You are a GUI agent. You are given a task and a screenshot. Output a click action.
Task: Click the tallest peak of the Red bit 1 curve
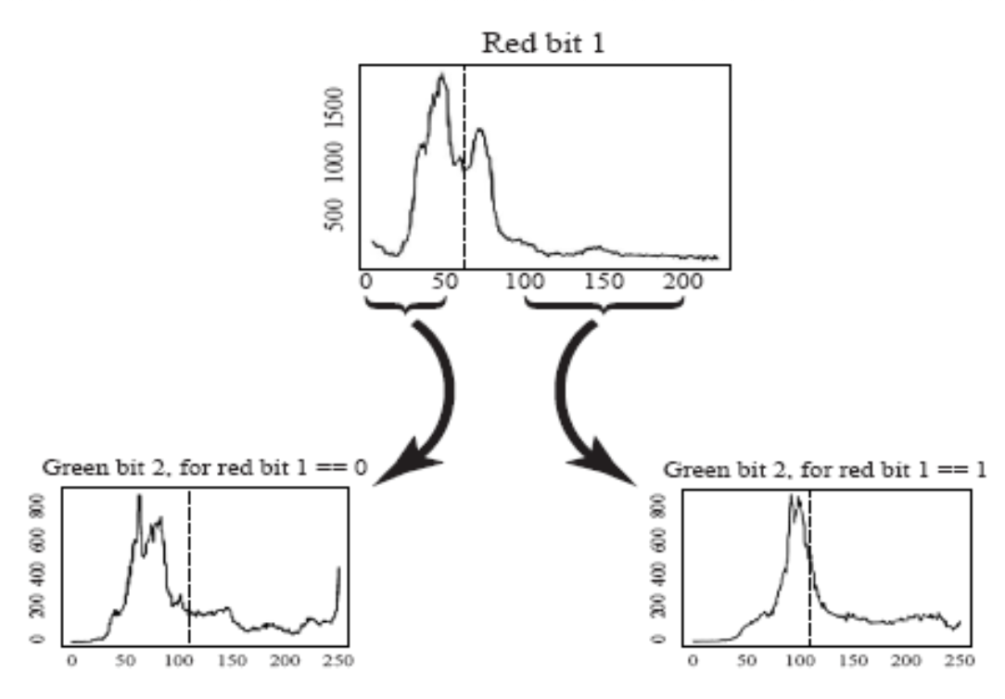pos(441,76)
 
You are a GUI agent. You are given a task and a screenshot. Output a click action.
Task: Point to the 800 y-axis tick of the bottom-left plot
pos(36,507)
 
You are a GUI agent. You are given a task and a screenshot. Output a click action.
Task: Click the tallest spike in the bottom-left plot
pos(140,497)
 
